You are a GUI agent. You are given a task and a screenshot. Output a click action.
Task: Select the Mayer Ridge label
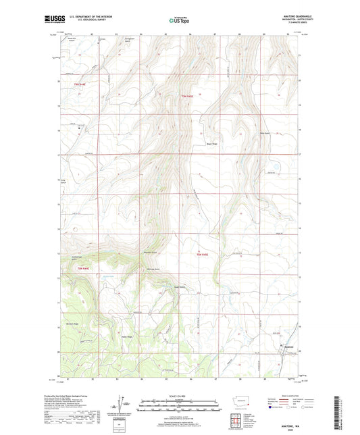211,143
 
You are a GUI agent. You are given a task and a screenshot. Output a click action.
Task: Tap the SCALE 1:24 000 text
179,396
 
